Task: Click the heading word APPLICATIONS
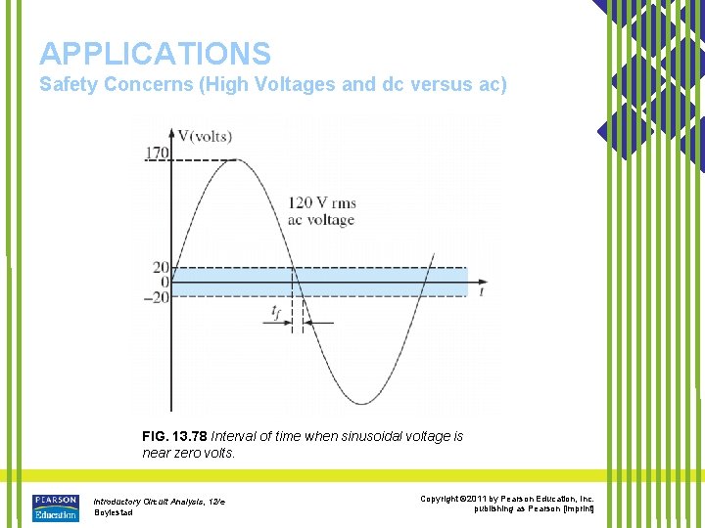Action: [155, 53]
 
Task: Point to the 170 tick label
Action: [157, 153]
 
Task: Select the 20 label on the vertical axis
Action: [161, 268]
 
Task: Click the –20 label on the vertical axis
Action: [157, 297]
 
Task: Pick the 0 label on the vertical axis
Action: [164, 283]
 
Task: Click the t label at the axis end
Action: [481, 290]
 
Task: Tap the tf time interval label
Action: [277, 312]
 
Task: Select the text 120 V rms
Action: [322, 203]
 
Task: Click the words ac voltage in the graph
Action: [321, 220]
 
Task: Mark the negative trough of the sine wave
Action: [361, 403]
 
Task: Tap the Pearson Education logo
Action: [55, 506]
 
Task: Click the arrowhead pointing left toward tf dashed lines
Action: [310, 322]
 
